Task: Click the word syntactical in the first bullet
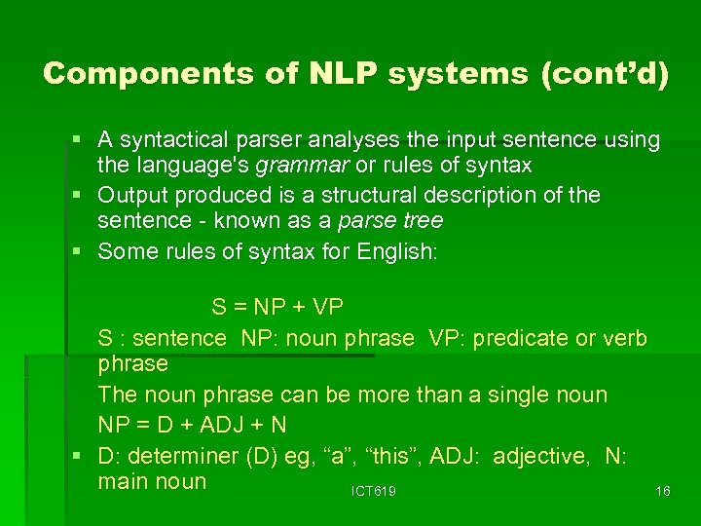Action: tap(176, 140)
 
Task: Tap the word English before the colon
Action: tap(394, 250)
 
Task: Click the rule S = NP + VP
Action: tap(277, 308)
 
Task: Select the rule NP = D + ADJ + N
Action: tap(192, 426)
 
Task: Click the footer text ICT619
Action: tap(374, 492)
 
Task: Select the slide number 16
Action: tap(662, 492)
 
